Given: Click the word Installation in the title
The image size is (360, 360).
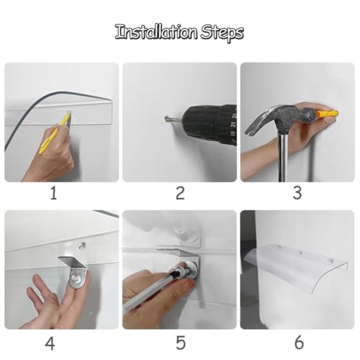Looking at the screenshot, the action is pyautogui.click(x=157, y=32).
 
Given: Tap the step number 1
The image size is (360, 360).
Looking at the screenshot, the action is pyautogui.click(x=53, y=193).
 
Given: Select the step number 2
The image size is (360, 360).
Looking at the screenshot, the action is pyautogui.click(x=180, y=193).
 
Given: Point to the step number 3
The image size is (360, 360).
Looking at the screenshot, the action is pyautogui.click(x=297, y=193).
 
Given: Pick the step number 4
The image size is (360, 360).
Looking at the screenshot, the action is pyautogui.click(x=50, y=343).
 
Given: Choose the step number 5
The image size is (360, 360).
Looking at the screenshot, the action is pyautogui.click(x=181, y=343).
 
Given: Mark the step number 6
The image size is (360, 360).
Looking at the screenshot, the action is pyautogui.click(x=299, y=343).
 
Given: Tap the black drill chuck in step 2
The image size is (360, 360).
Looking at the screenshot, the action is pyautogui.click(x=211, y=124).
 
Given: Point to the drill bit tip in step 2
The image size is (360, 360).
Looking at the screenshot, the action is pyautogui.click(x=166, y=118).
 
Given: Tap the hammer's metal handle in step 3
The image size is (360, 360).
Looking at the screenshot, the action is pyautogui.click(x=284, y=156).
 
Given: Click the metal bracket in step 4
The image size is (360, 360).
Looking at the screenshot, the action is pyautogui.click(x=75, y=272).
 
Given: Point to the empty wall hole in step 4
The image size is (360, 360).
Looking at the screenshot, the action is pyautogui.click(x=82, y=246).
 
